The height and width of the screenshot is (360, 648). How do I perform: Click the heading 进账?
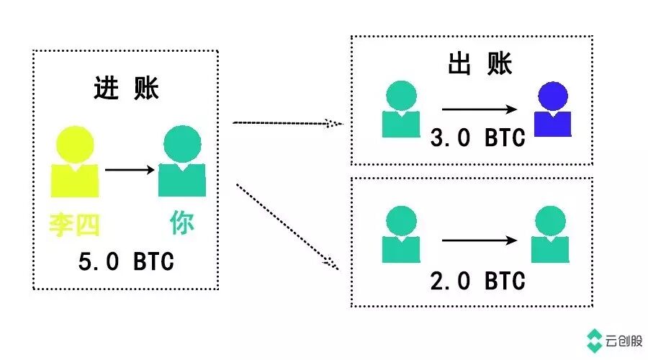click(127, 88)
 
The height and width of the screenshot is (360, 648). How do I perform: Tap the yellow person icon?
click(74, 161)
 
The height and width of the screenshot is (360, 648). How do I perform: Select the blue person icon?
click(553, 109)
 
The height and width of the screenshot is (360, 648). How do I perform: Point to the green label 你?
click(181, 223)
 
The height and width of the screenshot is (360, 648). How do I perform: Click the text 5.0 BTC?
click(127, 261)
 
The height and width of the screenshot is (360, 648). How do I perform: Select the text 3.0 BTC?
click(477, 138)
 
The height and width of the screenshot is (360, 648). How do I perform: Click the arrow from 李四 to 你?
click(130, 171)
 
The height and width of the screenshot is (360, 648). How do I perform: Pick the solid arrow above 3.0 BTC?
click(480, 109)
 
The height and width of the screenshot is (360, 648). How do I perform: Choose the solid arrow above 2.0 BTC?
click(480, 241)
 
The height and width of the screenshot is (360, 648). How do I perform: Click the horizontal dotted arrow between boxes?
click(287, 123)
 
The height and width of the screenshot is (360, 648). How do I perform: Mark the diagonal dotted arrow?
click(287, 227)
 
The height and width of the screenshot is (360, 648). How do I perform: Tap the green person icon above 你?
click(181, 161)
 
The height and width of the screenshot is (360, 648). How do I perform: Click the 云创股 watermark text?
click(625, 341)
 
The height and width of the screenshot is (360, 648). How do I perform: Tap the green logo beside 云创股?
click(595, 341)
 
